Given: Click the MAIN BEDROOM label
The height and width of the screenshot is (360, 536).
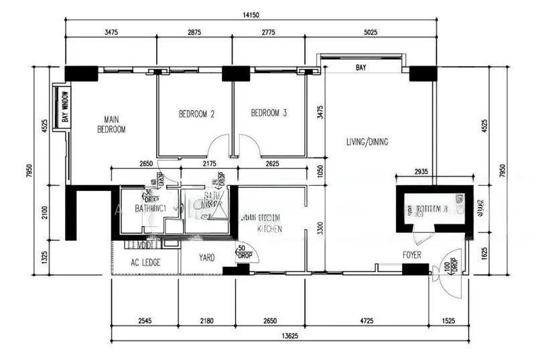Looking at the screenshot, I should pyautogui.click(x=111, y=124).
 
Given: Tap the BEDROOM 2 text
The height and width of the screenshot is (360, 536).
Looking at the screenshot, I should pyautogui.click(x=196, y=114).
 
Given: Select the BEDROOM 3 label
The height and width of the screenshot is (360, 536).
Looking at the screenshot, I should pyautogui.click(x=269, y=113).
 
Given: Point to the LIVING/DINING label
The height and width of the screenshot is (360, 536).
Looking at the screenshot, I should pyautogui.click(x=367, y=141).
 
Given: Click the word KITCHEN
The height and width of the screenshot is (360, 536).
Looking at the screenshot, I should pyautogui.click(x=270, y=229).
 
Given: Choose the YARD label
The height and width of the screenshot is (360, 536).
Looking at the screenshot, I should pyautogui.click(x=206, y=257).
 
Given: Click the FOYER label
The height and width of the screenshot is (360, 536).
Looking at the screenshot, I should pyautogui.click(x=412, y=255).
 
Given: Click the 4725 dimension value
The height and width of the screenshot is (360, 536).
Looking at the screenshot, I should pyautogui.click(x=367, y=321).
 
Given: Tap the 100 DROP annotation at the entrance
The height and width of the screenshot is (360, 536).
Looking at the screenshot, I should pyautogui.click(x=450, y=265).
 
